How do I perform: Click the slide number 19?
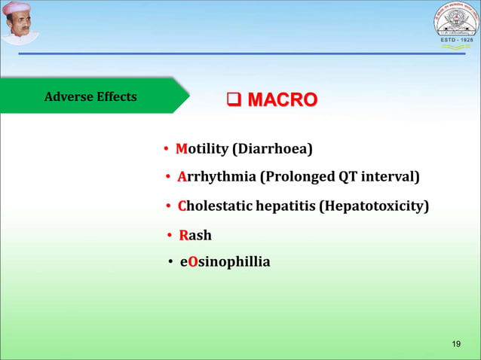[455, 343]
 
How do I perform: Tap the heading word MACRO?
[283, 100]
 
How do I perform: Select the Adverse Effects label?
[90, 96]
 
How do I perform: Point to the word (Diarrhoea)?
[272, 149]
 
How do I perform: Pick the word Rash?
[195, 236]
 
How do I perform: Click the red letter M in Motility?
[181, 149]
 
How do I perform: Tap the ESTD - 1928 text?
[455, 40]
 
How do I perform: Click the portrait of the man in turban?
[20, 23]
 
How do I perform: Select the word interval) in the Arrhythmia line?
[390, 177]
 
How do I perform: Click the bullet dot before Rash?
[170, 236]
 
